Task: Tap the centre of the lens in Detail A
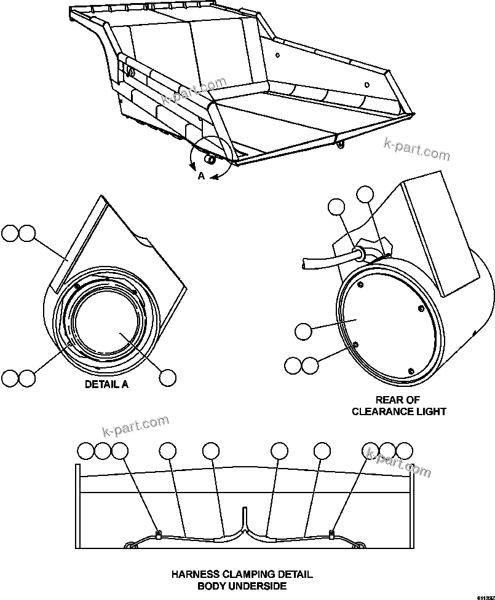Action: (108, 319)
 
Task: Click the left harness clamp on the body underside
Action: (158, 534)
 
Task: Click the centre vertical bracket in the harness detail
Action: (245, 517)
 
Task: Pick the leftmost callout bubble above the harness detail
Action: (86, 451)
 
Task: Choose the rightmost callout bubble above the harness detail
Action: (404, 451)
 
